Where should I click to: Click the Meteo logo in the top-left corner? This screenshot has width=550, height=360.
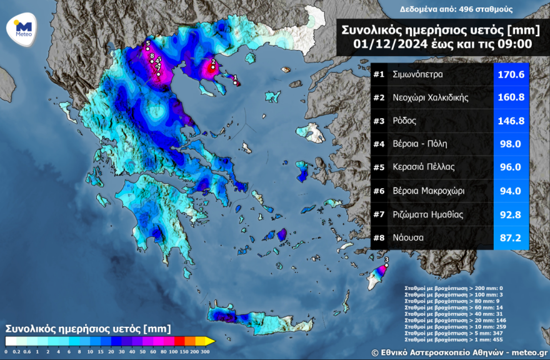pos(22,27)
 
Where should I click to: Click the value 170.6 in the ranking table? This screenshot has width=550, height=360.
pos(511,74)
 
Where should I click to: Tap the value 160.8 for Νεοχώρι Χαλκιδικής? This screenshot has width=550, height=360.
pos(511,97)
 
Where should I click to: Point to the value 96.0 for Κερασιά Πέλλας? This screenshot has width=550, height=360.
pos(511,167)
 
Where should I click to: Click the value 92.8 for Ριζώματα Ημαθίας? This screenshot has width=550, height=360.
pos(511,214)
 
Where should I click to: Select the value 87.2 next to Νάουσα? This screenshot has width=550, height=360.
pos(511,238)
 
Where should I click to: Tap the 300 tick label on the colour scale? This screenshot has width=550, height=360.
pos(204,352)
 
